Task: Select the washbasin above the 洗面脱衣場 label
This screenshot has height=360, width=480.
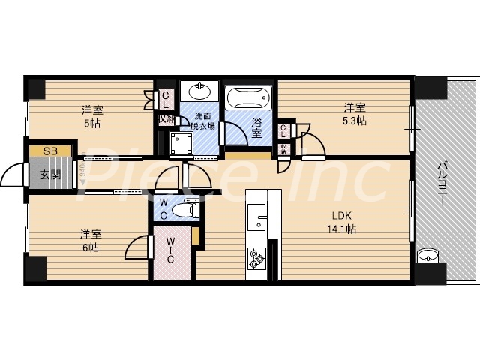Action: click(x=199, y=92)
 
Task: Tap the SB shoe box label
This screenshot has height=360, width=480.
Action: click(x=50, y=151)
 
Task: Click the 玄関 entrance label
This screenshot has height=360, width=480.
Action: click(x=50, y=176)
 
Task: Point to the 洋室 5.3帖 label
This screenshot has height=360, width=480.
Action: click(x=355, y=113)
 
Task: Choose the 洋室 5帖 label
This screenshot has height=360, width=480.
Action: click(x=93, y=116)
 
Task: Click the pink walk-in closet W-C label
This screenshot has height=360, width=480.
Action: click(x=171, y=250)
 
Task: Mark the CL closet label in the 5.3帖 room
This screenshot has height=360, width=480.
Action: click(x=284, y=130)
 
